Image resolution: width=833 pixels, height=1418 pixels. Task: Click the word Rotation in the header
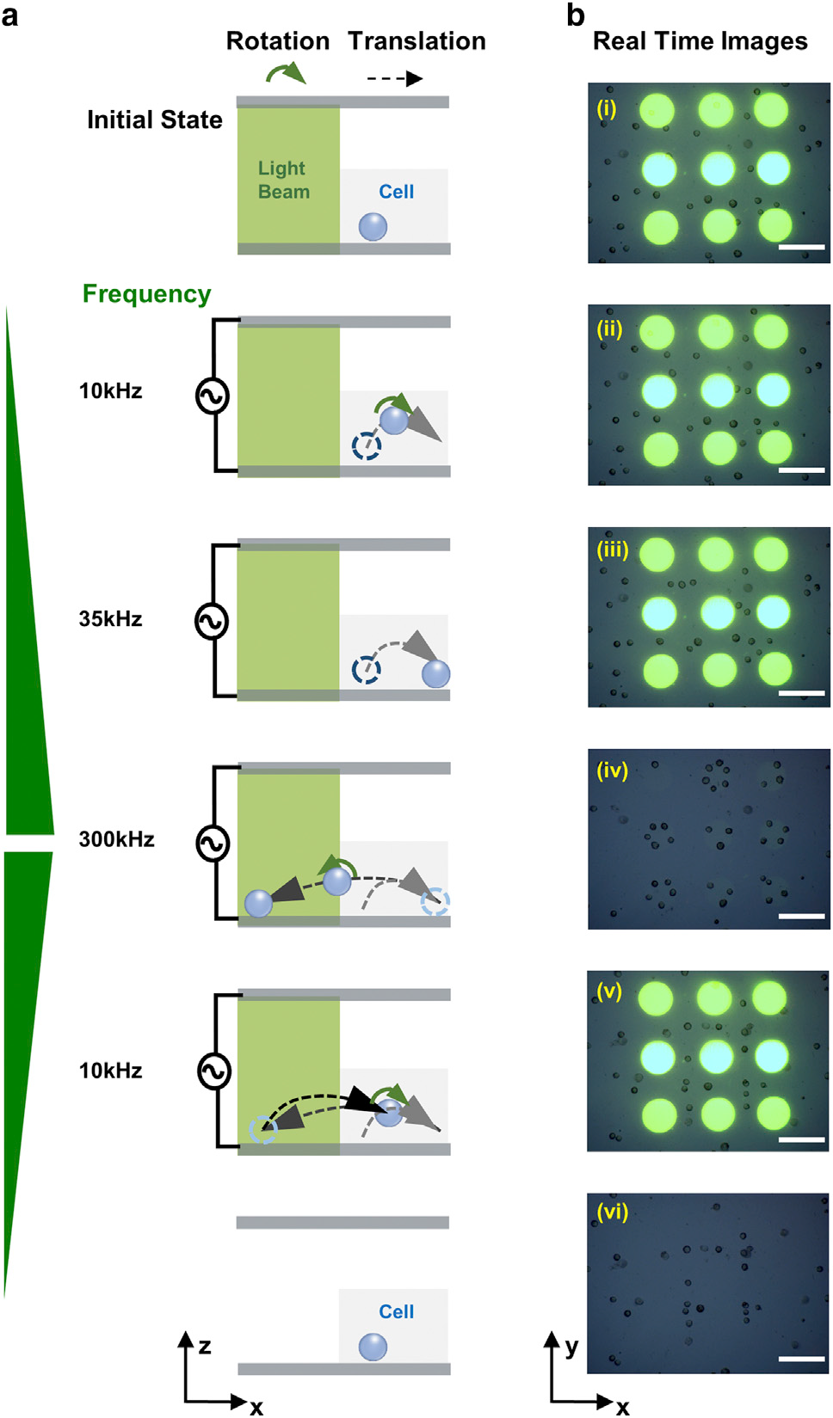pyautogui.click(x=277, y=41)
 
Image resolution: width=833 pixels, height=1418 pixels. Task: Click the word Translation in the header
pyautogui.click(x=416, y=41)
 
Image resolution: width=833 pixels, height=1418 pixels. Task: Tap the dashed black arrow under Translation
pyautogui.click(x=395, y=78)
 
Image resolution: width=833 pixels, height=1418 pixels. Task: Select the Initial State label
pyautogui.click(x=155, y=120)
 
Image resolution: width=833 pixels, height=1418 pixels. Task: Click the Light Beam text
pyautogui.click(x=284, y=180)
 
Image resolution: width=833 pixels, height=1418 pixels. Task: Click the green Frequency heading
pyautogui.click(x=147, y=294)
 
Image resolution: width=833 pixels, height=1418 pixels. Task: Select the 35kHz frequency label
pyautogui.click(x=110, y=618)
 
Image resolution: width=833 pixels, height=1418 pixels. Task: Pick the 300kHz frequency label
pyautogui.click(x=116, y=839)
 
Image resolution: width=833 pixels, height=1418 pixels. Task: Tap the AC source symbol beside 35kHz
pyautogui.click(x=212, y=621)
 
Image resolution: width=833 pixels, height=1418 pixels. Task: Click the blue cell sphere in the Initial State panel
pyautogui.click(x=373, y=227)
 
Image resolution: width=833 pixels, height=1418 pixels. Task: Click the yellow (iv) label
pyautogui.click(x=612, y=770)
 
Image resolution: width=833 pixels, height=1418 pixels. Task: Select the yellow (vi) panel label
pyautogui.click(x=612, y=1212)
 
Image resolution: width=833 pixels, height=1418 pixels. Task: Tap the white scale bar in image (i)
pyautogui.click(x=801, y=247)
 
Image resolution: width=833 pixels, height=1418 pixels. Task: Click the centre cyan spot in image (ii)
pyautogui.click(x=718, y=390)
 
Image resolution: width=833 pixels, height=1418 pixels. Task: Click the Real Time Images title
pyautogui.click(x=700, y=42)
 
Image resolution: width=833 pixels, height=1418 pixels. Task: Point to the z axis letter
pyautogui.click(x=204, y=1346)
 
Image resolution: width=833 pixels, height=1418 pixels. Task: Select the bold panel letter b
pyautogui.click(x=575, y=15)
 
